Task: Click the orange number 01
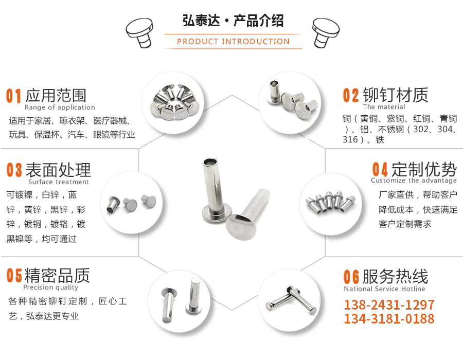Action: click(x=13, y=96)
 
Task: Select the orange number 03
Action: click(x=14, y=170)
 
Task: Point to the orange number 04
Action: click(x=380, y=169)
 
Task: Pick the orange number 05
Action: click(x=14, y=276)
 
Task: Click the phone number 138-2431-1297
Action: click(x=389, y=304)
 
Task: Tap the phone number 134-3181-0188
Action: click(x=389, y=319)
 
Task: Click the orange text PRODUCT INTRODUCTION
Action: click(x=233, y=42)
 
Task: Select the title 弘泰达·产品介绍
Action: click(x=233, y=21)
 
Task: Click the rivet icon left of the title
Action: click(x=139, y=31)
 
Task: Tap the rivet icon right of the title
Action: click(x=326, y=31)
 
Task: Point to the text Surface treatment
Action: click(x=59, y=182)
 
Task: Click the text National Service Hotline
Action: click(x=385, y=289)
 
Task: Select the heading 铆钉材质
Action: click(x=396, y=95)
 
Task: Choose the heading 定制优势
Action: click(x=424, y=169)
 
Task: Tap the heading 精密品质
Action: click(x=57, y=276)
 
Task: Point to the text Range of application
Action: click(x=60, y=107)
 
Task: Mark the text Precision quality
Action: click(x=51, y=287)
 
